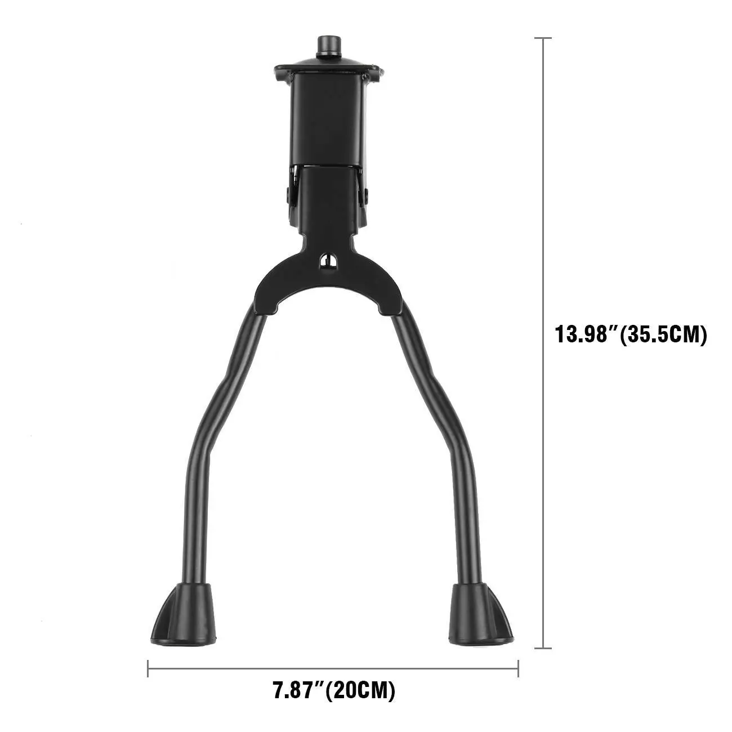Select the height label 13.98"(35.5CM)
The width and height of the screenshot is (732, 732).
631,334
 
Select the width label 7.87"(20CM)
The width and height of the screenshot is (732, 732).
334,690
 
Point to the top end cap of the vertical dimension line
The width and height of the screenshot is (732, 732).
543,38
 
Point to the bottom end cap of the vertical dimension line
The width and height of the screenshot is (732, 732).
543,648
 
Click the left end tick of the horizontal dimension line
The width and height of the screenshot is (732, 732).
148,668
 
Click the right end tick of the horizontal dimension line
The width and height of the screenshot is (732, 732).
518,668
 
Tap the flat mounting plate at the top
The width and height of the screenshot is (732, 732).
328,70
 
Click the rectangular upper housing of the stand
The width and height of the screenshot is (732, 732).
328,118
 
